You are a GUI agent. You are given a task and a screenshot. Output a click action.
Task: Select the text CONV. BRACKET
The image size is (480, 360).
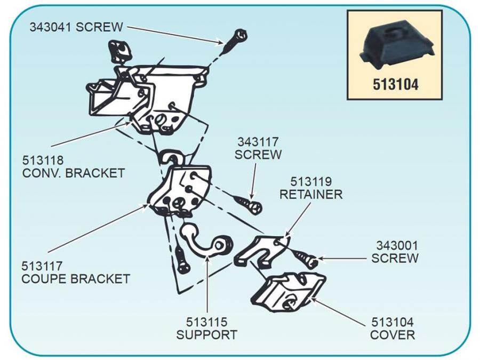coord(74,173)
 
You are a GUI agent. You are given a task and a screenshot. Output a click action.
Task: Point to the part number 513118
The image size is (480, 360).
coord(43,159)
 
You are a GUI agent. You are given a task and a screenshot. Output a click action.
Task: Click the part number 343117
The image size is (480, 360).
coord(258,142)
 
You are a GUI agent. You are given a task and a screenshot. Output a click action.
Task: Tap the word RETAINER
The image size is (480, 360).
coord(311,195)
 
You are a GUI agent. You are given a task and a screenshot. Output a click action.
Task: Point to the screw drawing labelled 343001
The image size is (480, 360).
coord(307,260)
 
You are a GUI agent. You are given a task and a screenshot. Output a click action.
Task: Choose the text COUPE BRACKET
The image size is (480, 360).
coord(76,278)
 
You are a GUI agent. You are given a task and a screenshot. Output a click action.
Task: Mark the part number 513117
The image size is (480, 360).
coord(43,265)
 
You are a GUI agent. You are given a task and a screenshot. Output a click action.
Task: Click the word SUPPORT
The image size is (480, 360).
coord(206,335)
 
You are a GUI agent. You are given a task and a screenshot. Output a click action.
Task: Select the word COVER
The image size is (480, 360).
coord(393,335)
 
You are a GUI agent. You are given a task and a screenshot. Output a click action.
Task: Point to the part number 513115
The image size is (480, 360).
coord(206,322)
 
